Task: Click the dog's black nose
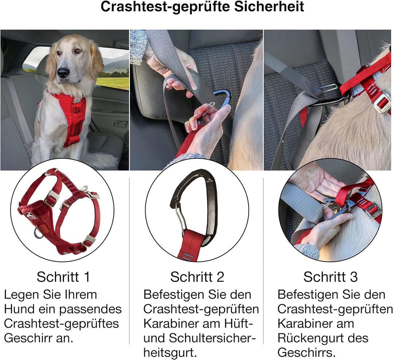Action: point(63,72)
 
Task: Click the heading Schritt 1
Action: point(63,277)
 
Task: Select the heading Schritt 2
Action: point(197,277)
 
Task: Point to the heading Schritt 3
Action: point(330,277)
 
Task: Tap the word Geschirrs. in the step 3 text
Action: point(306,353)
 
